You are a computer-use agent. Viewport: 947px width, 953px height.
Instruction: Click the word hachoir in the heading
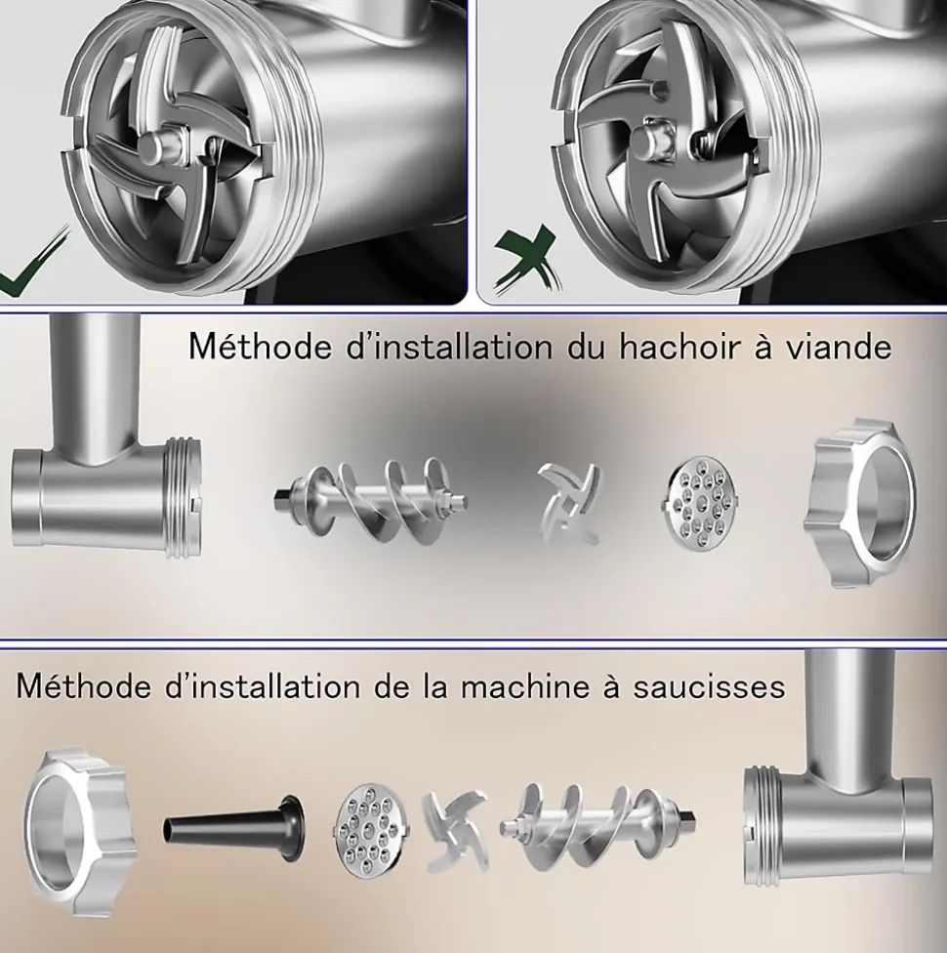pyautogui.click(x=681, y=347)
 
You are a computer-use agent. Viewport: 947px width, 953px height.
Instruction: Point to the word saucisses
pyautogui.click(x=709, y=687)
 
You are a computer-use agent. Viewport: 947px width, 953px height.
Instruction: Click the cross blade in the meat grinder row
pyautogui.click(x=569, y=502)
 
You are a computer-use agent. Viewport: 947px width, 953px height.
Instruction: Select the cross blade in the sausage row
pyautogui.click(x=457, y=831)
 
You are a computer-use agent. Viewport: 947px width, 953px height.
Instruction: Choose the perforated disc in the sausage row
pyautogui.click(x=373, y=830)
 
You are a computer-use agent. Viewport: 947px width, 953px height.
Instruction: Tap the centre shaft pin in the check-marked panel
pyautogui.click(x=159, y=145)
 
